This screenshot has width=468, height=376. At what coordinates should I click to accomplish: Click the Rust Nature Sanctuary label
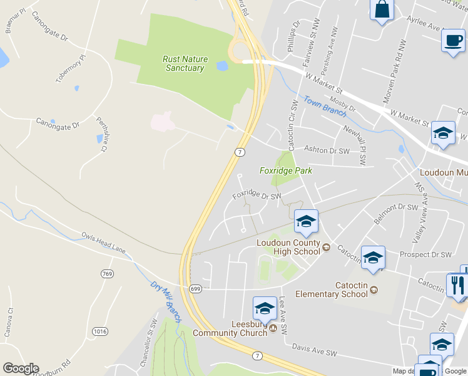(185, 63)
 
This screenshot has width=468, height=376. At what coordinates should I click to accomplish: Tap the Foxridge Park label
(286, 170)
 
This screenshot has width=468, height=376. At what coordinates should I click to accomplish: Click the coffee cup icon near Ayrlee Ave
(452, 41)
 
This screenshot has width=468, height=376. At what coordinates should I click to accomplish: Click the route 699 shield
(195, 288)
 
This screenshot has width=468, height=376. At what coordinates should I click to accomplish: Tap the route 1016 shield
(99, 330)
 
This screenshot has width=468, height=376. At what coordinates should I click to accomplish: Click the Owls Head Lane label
(104, 243)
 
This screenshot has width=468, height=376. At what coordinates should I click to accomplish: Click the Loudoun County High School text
(288, 247)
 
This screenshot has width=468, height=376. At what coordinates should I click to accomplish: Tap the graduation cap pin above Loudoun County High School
(306, 221)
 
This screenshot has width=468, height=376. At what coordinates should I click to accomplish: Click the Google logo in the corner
(21, 368)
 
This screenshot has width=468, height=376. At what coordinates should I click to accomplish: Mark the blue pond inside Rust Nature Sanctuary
(222, 65)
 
